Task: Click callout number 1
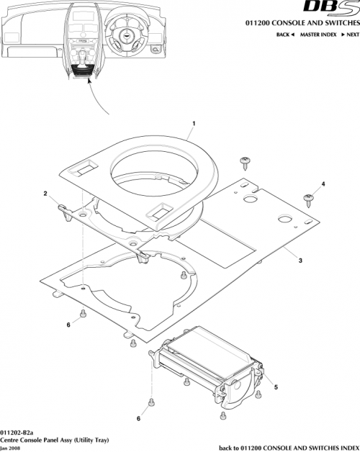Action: coord(193,124)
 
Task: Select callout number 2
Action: coord(45,194)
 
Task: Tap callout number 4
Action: coord(323,184)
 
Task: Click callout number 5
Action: coord(275,387)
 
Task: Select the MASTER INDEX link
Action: coord(320,35)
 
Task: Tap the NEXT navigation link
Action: coord(350,35)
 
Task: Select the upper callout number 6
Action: coord(69,325)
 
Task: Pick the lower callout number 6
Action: coord(138,417)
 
